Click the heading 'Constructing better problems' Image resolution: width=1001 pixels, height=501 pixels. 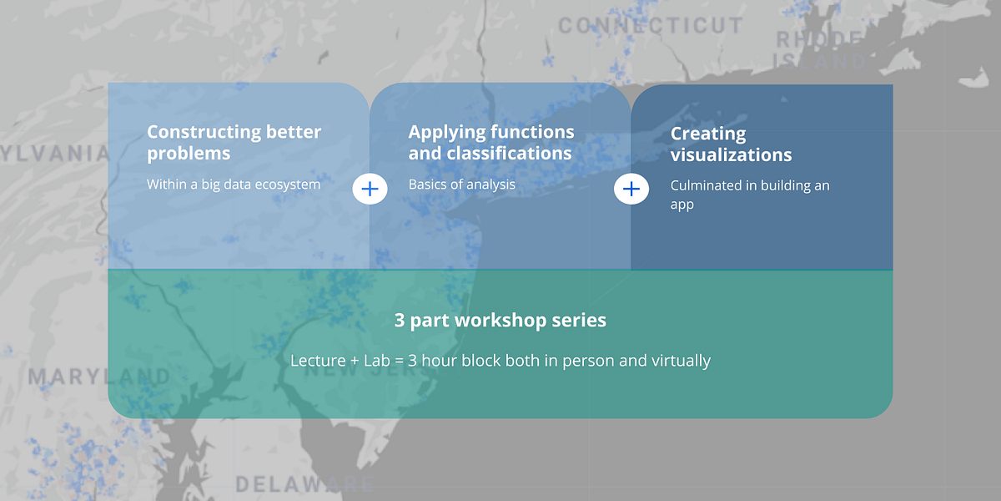234,143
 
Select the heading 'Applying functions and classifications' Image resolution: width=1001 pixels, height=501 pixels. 490,143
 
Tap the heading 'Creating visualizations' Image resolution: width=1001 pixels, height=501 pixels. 731,144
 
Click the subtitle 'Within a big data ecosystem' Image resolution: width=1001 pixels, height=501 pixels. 234,185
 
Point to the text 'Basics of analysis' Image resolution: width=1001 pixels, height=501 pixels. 461,185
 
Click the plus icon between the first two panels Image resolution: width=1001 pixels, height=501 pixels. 370,190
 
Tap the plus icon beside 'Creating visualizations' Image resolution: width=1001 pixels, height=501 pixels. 631,190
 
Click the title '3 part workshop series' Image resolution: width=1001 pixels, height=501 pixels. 500,320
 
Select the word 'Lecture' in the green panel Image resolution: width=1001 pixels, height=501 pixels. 317,361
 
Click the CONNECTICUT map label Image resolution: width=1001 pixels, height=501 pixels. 650,26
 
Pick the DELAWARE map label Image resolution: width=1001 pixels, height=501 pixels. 304,484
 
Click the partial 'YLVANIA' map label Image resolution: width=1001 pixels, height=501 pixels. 55,153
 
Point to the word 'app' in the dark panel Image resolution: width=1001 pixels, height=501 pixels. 682,205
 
